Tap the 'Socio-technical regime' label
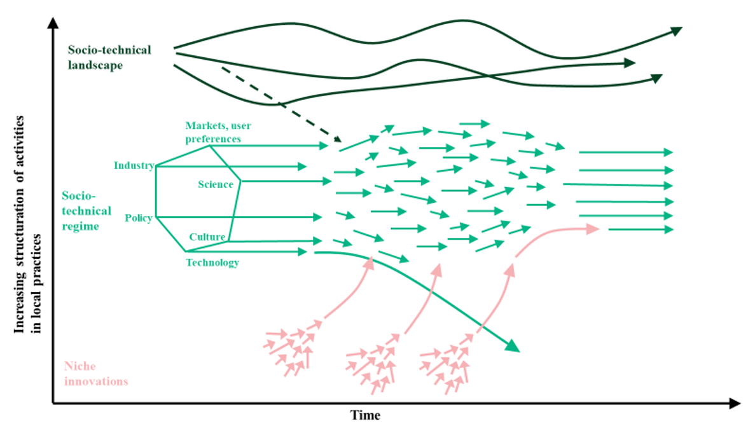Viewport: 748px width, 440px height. click(x=87, y=210)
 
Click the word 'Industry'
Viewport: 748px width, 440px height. click(x=134, y=166)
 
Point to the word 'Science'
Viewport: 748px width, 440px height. click(x=215, y=184)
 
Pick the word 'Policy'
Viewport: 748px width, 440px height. click(x=138, y=218)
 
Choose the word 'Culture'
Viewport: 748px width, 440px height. click(x=207, y=237)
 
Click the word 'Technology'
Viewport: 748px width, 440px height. click(x=212, y=262)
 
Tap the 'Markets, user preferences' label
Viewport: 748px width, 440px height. click(x=213, y=132)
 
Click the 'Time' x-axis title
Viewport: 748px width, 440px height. click(x=366, y=415)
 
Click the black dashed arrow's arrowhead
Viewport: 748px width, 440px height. click(x=337, y=139)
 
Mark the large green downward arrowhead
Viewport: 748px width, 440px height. click(x=513, y=346)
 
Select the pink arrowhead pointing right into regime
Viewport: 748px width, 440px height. click(x=593, y=229)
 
